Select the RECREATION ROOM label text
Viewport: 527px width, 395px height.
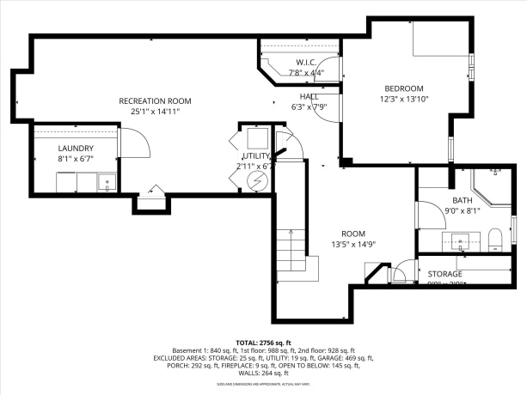pos(155,101)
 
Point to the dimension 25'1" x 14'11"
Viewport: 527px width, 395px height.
pos(155,112)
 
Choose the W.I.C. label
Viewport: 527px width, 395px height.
pos(307,63)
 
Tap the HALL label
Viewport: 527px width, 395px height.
pos(309,96)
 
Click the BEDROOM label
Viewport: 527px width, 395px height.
pos(403,89)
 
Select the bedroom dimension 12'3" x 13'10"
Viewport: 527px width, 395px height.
pos(403,100)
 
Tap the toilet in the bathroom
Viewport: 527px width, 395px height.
pos(494,238)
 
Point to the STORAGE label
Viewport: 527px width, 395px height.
pos(445,274)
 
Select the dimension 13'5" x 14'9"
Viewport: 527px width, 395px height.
pos(353,244)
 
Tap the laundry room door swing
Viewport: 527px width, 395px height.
pos(134,142)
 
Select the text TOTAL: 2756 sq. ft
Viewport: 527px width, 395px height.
pos(263,342)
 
